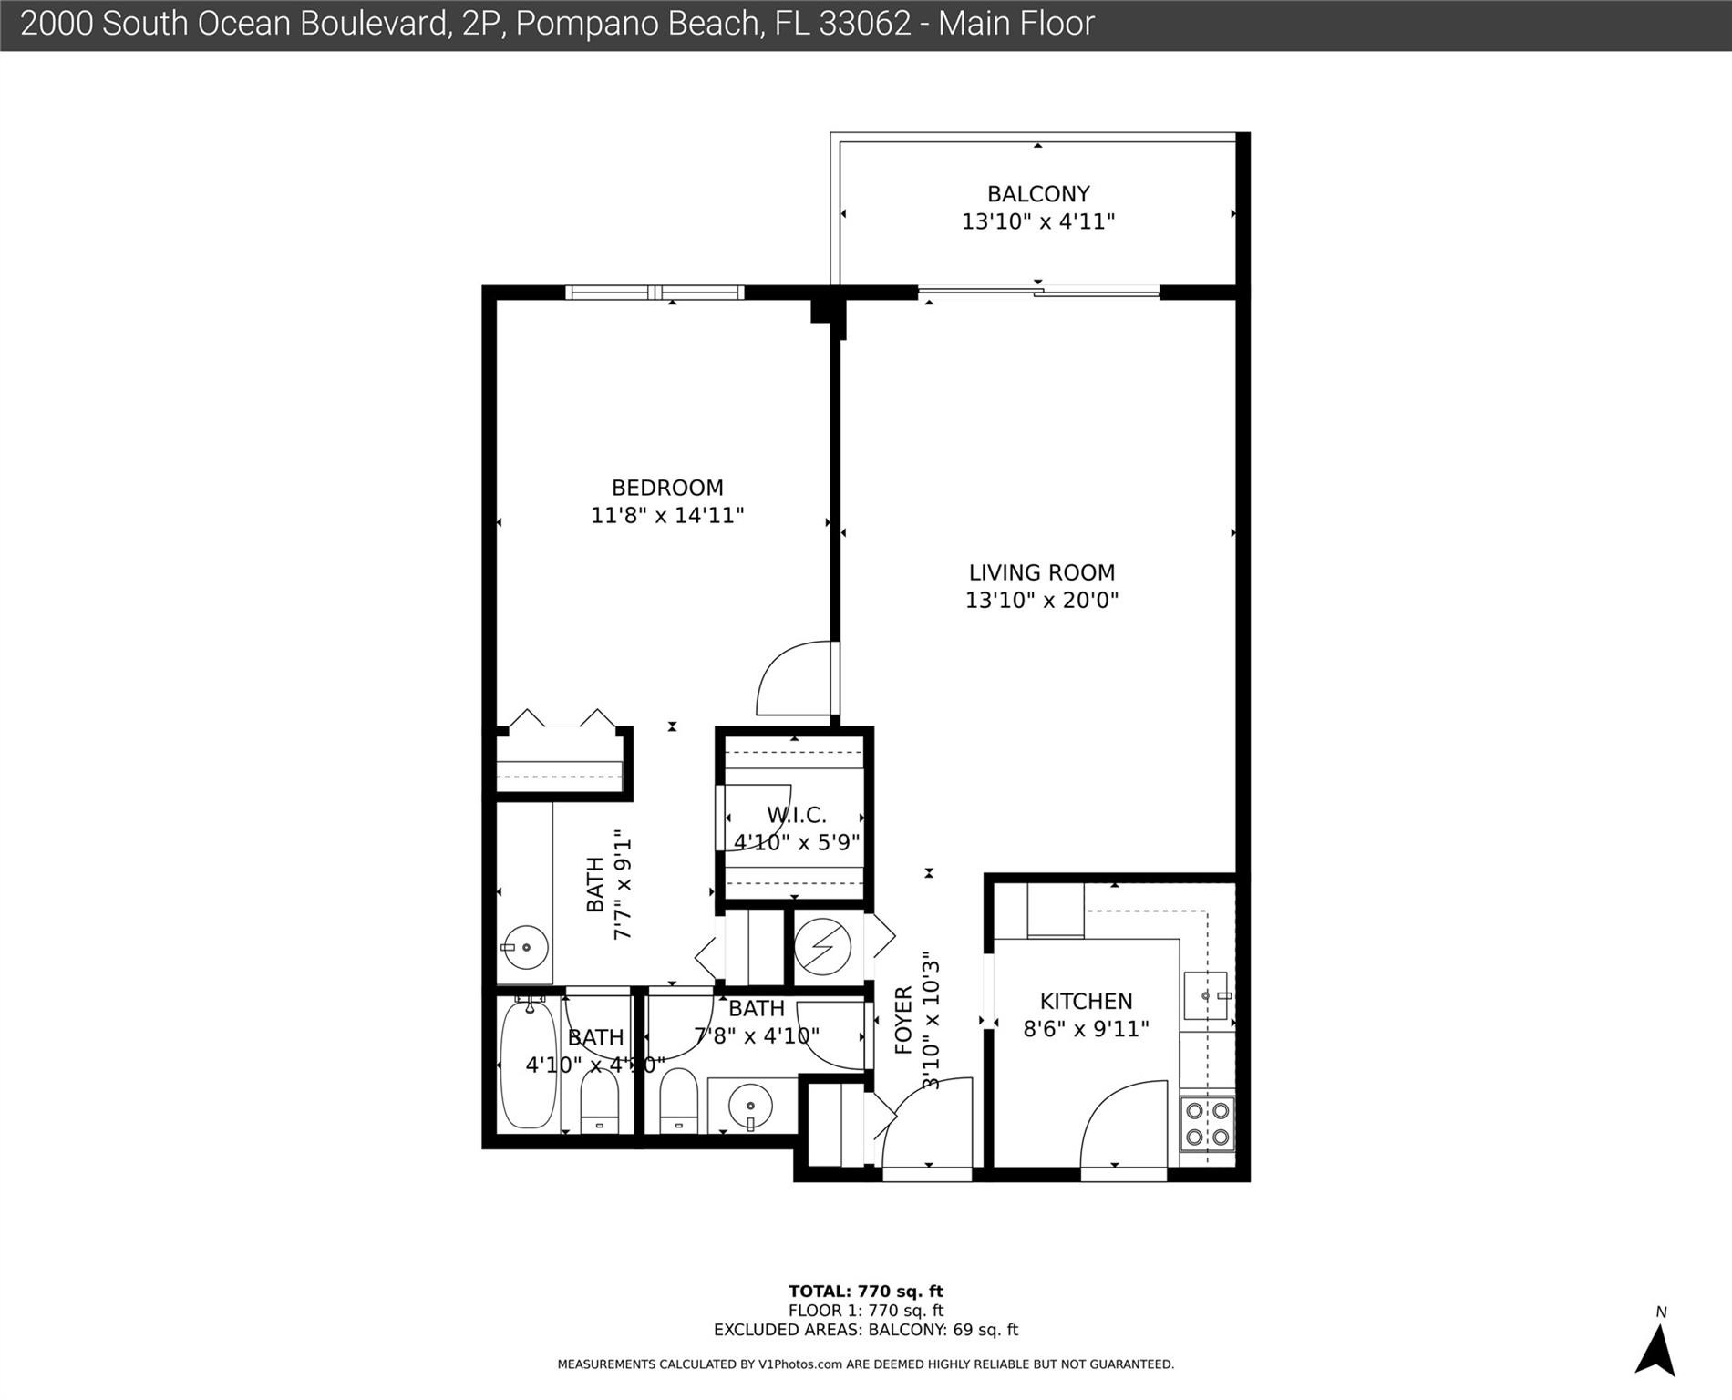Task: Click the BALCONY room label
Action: point(1038,194)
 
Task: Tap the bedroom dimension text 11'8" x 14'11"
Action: point(667,516)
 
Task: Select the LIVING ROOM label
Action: point(1041,572)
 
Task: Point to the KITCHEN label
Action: point(1086,1001)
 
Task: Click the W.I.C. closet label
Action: point(796,815)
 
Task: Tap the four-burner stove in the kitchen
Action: point(1207,1123)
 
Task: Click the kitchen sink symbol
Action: point(1206,995)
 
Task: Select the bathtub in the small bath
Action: point(528,1065)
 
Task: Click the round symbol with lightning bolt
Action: point(822,948)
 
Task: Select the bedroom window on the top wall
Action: point(655,293)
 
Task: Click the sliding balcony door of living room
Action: point(1038,293)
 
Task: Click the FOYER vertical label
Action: point(903,1020)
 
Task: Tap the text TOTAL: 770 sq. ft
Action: point(865,1291)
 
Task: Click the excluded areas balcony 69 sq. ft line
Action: point(865,1330)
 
